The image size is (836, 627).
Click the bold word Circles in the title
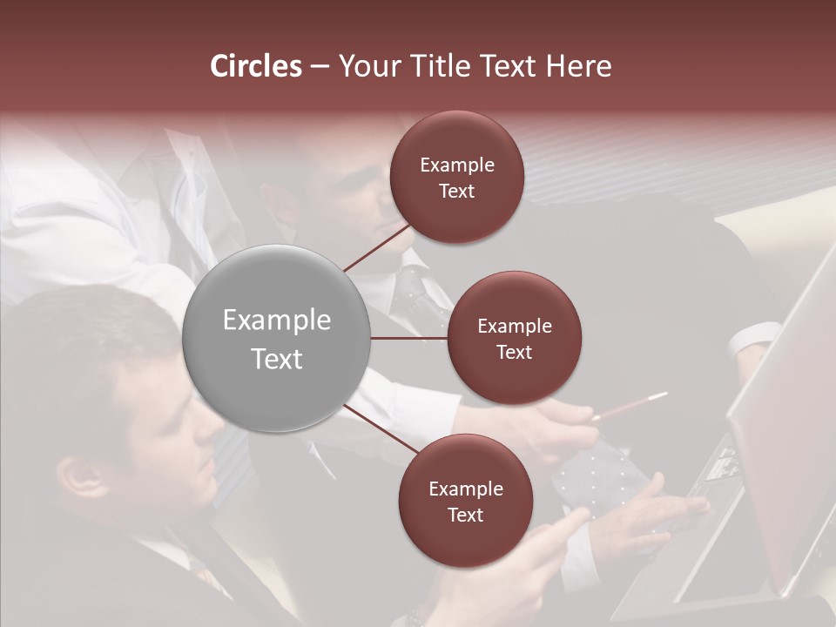pyautogui.click(x=255, y=66)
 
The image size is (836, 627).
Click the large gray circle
pyautogui.click(x=277, y=339)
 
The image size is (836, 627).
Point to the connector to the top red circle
pyautogui.click(x=377, y=247)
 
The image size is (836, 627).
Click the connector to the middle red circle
pyautogui.click(x=409, y=338)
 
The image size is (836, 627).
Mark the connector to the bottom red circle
pyautogui.click(x=381, y=431)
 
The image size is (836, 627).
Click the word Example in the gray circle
pyautogui.click(x=277, y=320)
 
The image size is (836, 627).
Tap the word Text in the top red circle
pyautogui.click(x=457, y=192)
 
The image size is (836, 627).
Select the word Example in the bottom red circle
pyautogui.click(x=465, y=489)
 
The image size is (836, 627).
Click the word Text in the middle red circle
pyautogui.click(x=514, y=353)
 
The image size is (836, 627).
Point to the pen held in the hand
pyautogui.click(x=631, y=407)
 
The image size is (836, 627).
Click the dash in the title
pyautogui.click(x=320, y=67)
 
